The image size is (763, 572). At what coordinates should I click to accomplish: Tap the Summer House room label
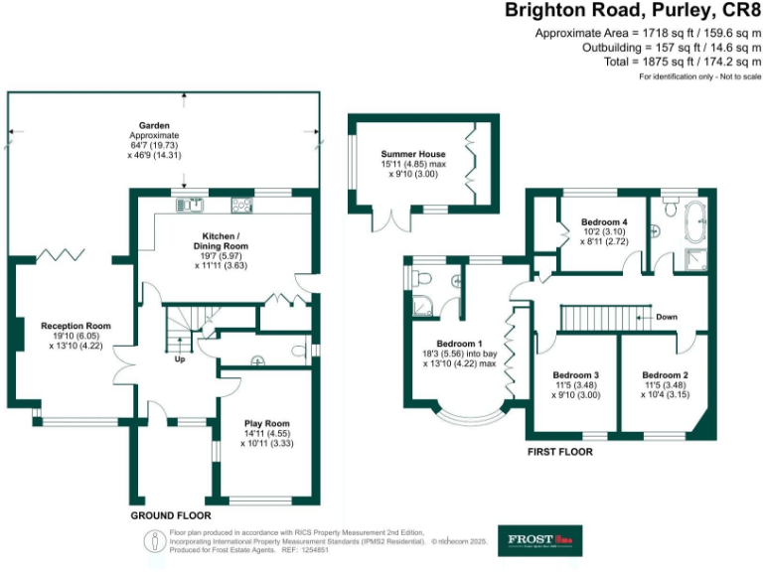click(413, 154)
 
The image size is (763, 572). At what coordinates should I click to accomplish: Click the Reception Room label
click(76, 326)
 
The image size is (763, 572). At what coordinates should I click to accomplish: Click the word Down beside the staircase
click(667, 318)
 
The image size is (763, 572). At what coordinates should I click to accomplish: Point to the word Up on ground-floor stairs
click(180, 360)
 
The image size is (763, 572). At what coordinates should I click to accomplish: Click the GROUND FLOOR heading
click(170, 516)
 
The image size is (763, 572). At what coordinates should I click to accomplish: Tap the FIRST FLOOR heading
click(559, 451)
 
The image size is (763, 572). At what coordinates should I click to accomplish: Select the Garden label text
click(154, 126)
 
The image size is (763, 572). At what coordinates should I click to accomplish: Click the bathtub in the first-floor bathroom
click(692, 214)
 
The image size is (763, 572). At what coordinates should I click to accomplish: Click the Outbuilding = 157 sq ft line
click(672, 48)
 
